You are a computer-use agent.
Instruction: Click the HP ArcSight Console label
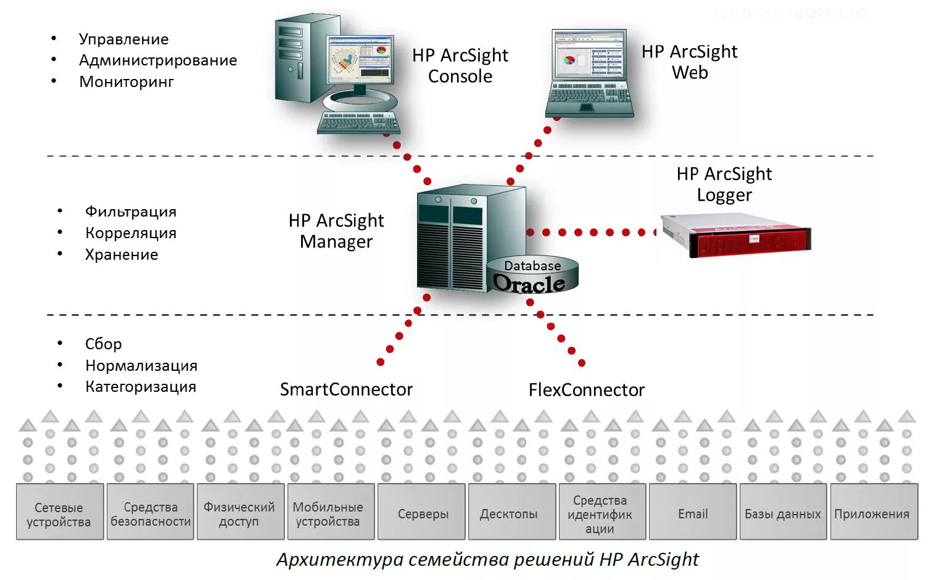pos(460,65)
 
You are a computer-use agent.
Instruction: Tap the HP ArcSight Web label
pos(689,62)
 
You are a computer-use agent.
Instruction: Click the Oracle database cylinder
pos(532,275)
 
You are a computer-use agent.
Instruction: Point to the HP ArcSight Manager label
pos(336,231)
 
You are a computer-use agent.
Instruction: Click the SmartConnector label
pos(346,389)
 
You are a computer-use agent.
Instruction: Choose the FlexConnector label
pos(586,390)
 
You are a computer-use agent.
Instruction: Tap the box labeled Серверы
pos(423,513)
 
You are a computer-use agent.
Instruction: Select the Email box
pos(692,513)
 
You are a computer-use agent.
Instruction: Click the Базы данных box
pos(782,513)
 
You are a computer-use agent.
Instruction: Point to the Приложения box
pos(872,513)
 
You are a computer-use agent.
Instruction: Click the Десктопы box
pos(510,513)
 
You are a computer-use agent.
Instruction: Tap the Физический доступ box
pos(239,513)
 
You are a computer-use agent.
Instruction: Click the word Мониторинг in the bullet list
pos(126,81)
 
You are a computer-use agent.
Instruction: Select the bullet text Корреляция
pos(131,233)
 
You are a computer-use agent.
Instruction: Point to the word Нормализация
pos(141,365)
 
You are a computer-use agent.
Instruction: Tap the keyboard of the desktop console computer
pos(358,122)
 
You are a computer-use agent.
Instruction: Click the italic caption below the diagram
pos(487,559)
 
